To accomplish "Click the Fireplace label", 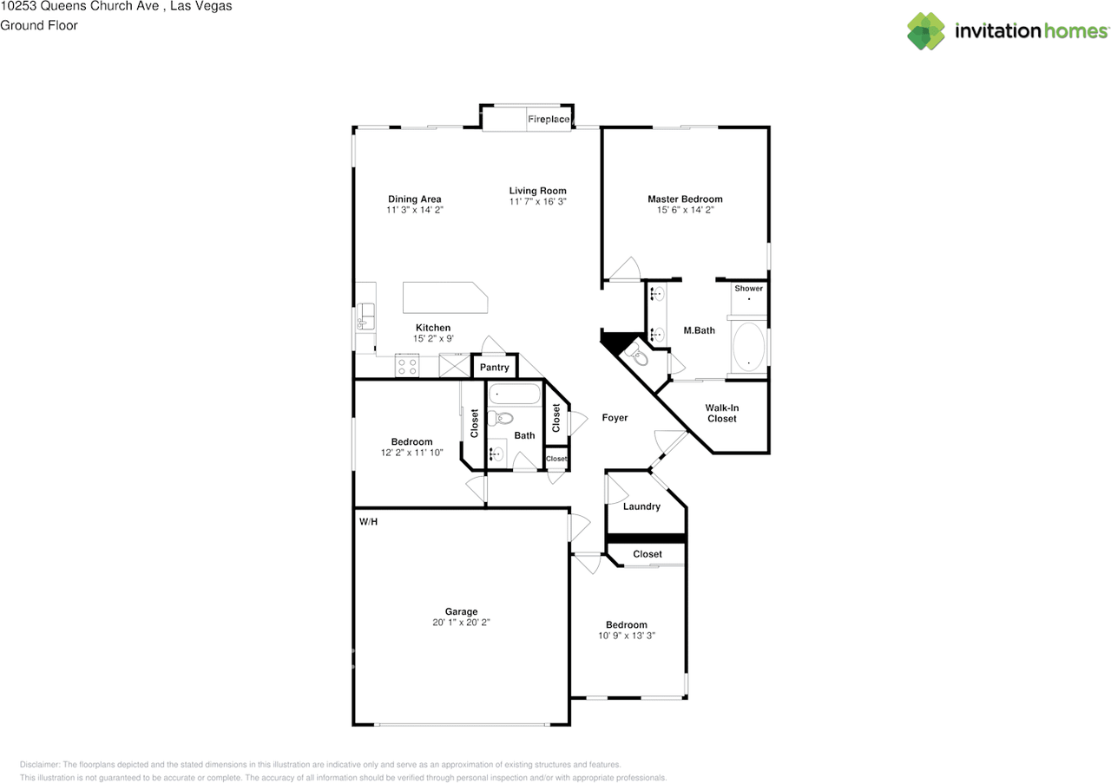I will tap(549, 119).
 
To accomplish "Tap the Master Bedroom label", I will tap(685, 199).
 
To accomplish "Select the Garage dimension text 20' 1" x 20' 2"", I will tap(461, 623).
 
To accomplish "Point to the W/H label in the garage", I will tap(368, 522).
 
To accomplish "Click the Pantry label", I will tap(495, 368).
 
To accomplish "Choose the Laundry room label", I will tap(641, 506).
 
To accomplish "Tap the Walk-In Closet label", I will tap(721, 413).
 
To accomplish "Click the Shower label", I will tap(748, 288).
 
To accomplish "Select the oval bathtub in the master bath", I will tap(748, 347).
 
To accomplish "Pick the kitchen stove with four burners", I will tap(406, 366).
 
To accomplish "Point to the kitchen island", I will tap(444, 297).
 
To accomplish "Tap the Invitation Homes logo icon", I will tap(926, 31).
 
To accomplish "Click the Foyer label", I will tap(615, 418).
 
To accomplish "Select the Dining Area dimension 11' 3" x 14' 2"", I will tap(414, 211).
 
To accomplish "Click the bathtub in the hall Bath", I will tap(514, 395).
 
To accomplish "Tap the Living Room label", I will tap(537, 191).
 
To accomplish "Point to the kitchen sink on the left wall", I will tap(365, 316).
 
